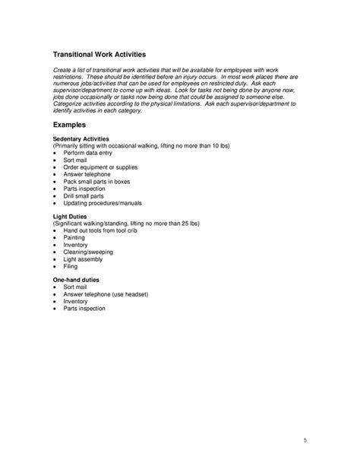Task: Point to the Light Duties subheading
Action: click(71, 216)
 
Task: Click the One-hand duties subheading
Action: click(76, 281)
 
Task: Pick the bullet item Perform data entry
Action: click(90, 153)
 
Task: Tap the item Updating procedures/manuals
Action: click(103, 203)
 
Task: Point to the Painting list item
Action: click(74, 238)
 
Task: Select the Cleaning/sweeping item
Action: click(87, 252)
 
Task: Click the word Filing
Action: click(71, 267)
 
